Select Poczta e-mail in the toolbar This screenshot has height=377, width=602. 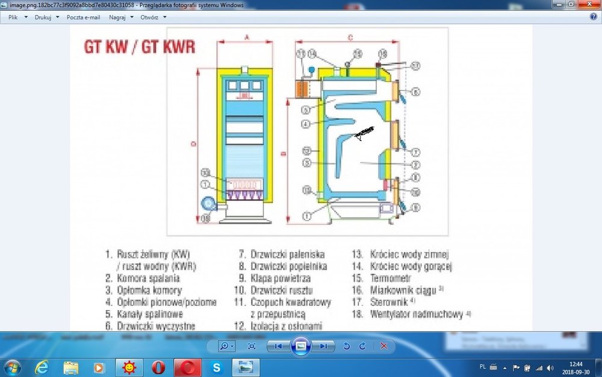[83, 17]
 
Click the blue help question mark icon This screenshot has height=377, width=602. [593, 17]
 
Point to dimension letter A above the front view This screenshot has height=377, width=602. [246, 37]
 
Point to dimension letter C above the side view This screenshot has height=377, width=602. [350, 37]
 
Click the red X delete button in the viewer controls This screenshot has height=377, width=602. [383, 346]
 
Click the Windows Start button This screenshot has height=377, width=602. [13, 367]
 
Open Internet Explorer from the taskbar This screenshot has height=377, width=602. [42, 367]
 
